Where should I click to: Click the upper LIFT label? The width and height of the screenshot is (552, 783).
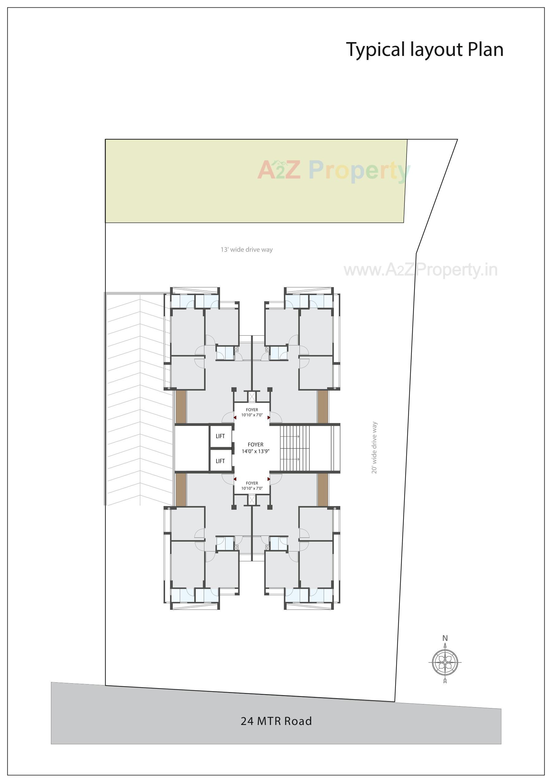220,436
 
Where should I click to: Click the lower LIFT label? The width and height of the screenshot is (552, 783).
220,461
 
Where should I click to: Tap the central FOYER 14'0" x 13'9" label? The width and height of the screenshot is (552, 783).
256,448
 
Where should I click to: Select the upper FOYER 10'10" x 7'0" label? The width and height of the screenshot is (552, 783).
252,412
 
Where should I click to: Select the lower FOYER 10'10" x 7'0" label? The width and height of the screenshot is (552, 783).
252,486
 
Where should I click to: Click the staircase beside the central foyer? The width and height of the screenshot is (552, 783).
295,448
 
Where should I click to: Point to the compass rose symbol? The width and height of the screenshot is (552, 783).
445,662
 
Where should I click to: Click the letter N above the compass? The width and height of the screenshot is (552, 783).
445,638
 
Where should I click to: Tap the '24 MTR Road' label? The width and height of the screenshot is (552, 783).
276,721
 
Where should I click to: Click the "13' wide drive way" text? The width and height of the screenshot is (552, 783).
247,250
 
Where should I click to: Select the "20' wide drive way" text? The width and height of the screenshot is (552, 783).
374,447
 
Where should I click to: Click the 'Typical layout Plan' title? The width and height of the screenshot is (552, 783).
425,49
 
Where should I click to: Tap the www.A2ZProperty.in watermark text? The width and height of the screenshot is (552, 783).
420,270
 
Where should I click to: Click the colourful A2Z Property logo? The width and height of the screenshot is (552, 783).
334,170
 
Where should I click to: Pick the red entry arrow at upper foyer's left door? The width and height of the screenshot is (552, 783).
235,417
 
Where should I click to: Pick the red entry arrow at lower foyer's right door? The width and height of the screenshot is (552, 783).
269,479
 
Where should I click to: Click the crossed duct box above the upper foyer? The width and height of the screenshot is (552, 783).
252,397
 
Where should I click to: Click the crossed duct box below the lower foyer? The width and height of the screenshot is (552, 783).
252,500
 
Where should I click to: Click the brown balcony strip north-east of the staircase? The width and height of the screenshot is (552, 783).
322,407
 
